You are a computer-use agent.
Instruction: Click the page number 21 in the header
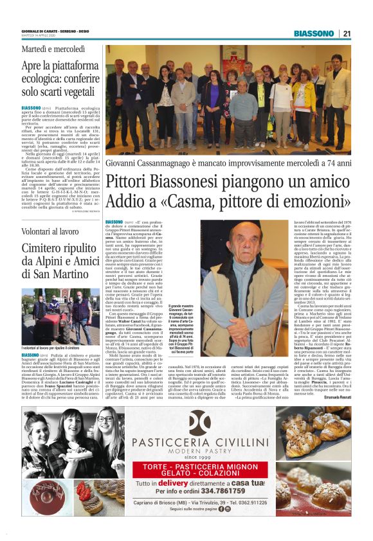pos(347,33)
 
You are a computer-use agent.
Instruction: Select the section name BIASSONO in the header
pos(314,33)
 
